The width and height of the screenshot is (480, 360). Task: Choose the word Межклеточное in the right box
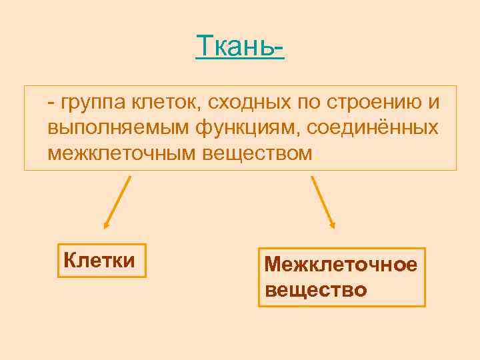pyautogui.click(x=341, y=265)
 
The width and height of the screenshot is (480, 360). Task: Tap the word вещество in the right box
pyautogui.click(x=315, y=290)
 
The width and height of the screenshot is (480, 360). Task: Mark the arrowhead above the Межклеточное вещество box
pyautogui.click(x=333, y=226)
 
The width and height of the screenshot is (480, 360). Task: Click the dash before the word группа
pyautogui.click(x=51, y=103)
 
